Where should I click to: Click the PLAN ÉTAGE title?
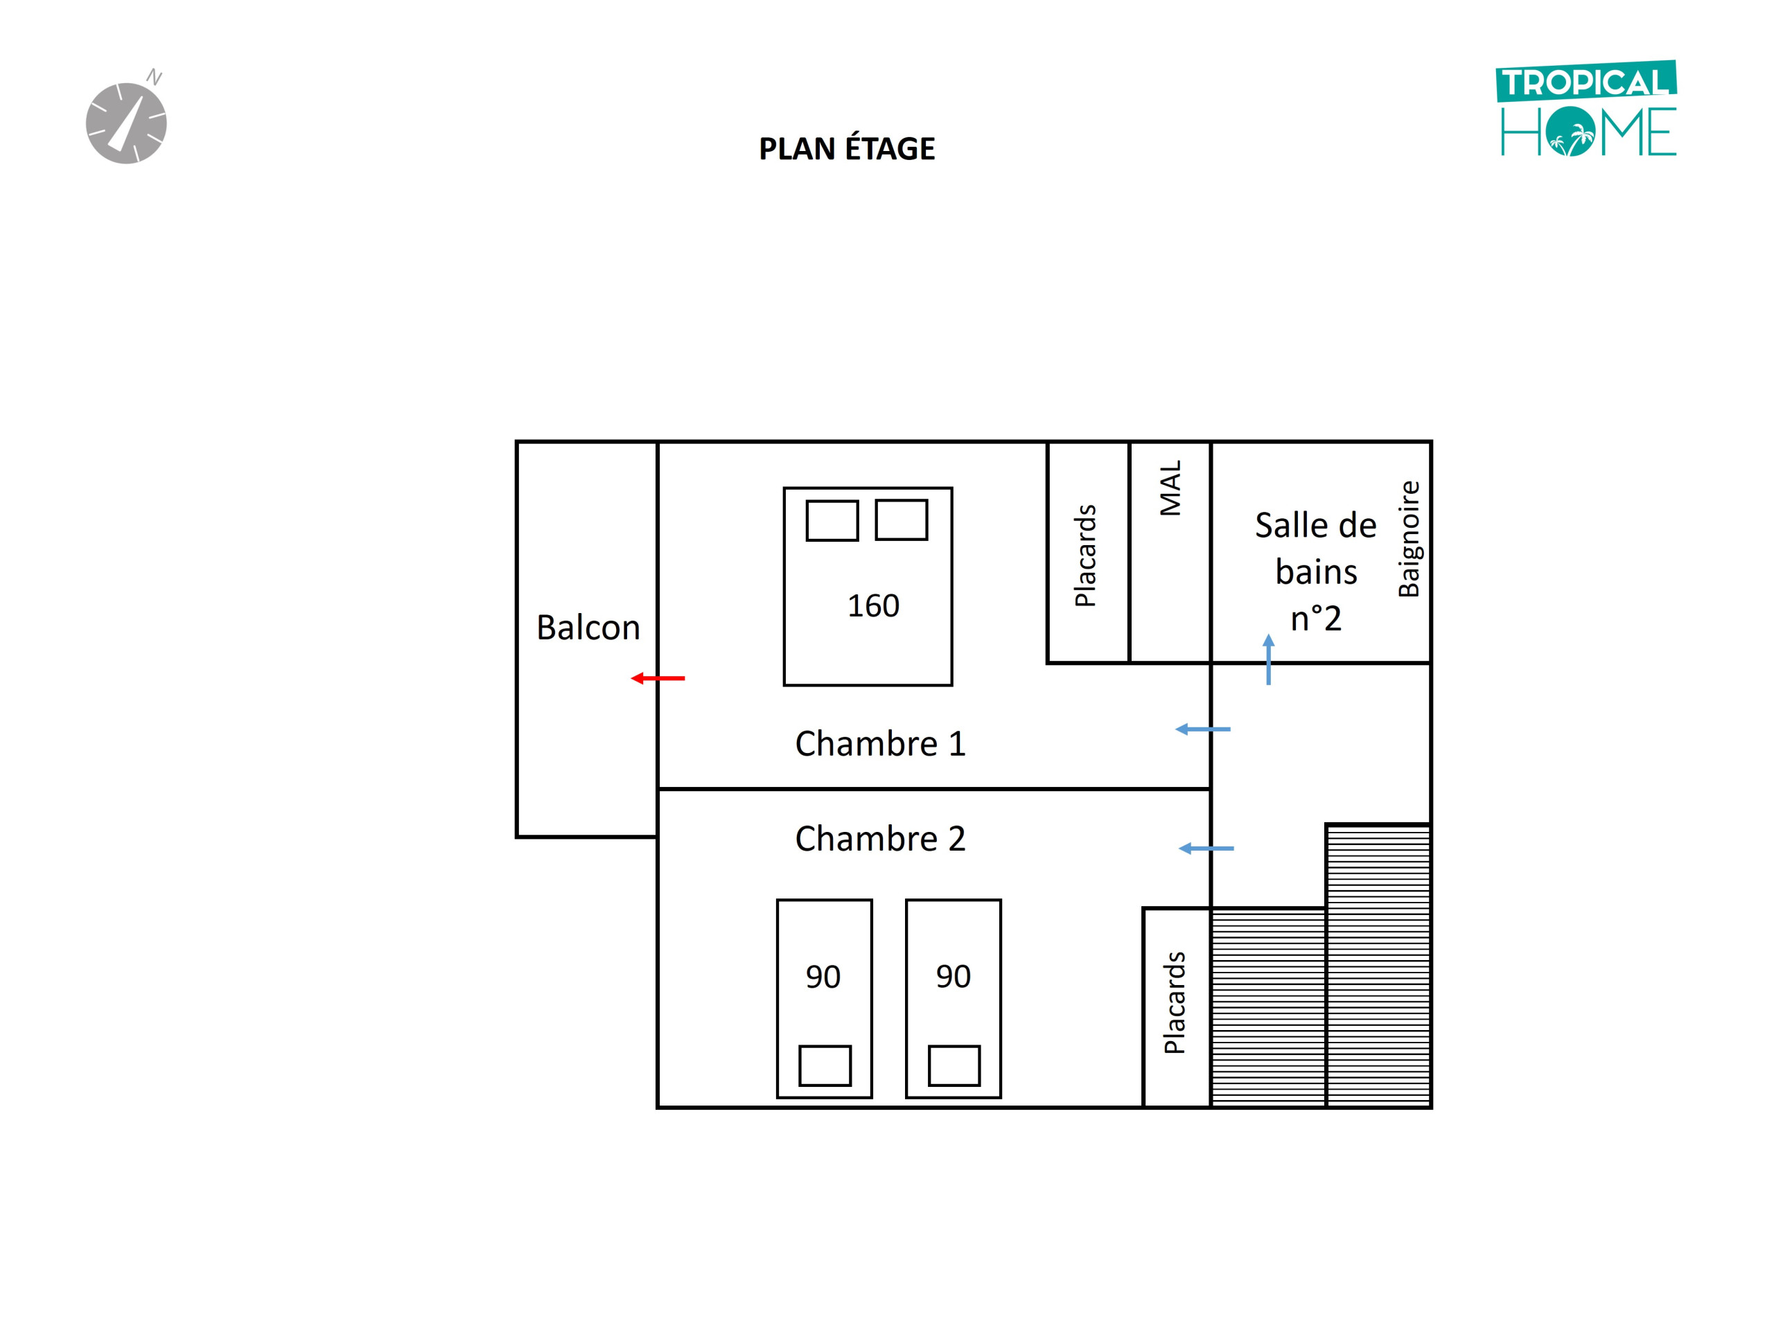847,148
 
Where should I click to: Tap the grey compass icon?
126,122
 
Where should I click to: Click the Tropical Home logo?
1587,109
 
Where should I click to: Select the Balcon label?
588,628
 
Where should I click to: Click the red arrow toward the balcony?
658,678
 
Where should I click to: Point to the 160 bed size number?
873,605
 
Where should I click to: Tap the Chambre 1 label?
880,743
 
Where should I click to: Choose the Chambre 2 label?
880,839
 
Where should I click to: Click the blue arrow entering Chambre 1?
1202,729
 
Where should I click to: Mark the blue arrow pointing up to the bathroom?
1268,659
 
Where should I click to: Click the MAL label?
1170,488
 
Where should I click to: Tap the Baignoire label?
1408,539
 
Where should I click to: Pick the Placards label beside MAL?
1084,556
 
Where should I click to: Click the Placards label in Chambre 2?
1174,1002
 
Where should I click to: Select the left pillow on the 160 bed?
832,520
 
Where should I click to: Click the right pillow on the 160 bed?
902,520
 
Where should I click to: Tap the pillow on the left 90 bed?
825,1065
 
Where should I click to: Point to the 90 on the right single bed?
953,977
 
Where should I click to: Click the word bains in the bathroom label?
1316,572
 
